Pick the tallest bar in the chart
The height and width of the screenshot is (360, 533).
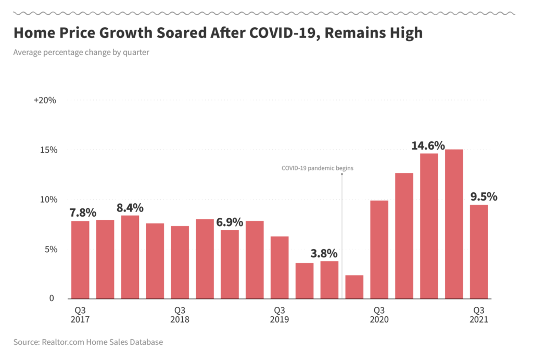454,224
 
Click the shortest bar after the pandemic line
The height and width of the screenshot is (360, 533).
354,287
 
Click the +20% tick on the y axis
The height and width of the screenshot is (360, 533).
45,100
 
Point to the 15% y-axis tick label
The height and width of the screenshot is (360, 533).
48,150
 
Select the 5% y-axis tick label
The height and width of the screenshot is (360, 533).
50,249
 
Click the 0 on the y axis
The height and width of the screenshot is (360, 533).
52,299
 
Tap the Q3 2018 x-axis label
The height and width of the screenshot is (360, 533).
180,315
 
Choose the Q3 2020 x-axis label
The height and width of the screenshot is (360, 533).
379,315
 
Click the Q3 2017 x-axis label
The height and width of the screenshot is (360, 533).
80,315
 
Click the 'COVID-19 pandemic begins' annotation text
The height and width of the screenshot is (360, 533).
317,168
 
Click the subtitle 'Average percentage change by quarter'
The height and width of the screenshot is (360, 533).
81,52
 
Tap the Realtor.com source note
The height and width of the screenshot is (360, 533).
88,342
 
